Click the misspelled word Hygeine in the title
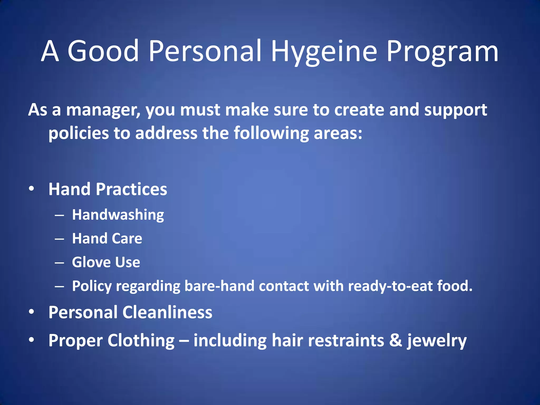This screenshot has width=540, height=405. (x=324, y=51)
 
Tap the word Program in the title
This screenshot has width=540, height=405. (x=442, y=51)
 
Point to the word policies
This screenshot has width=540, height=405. (x=79, y=133)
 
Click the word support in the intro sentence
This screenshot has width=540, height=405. (x=455, y=110)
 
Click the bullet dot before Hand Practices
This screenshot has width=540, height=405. (x=32, y=189)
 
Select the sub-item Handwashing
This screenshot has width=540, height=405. (x=118, y=215)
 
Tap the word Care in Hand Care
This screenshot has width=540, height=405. (x=127, y=238)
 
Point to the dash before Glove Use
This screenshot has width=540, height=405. (x=60, y=263)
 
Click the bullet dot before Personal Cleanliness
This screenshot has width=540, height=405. (x=32, y=312)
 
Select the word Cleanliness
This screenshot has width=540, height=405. (x=167, y=312)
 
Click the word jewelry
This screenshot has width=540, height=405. (x=437, y=341)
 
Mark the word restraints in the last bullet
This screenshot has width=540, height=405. (x=346, y=340)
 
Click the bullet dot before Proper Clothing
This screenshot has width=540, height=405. (x=32, y=340)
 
